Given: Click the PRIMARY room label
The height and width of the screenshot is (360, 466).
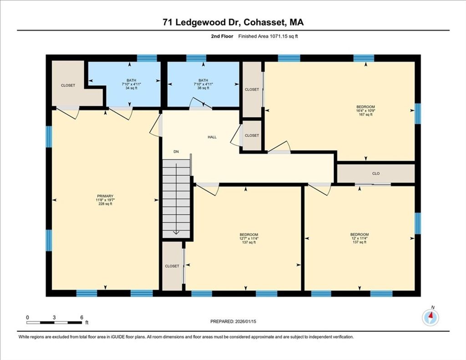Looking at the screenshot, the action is tap(105, 196).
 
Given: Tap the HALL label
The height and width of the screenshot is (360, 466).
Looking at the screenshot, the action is tap(212, 137).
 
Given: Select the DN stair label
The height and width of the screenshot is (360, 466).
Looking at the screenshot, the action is tap(176, 152).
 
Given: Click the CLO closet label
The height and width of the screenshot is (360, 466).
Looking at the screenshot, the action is tap(375, 173).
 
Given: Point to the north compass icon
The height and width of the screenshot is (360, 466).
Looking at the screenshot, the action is tap(431, 317).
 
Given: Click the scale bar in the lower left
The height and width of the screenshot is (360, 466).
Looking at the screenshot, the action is tap(54, 323).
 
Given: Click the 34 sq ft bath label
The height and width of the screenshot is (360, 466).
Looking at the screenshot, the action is tap(131, 88).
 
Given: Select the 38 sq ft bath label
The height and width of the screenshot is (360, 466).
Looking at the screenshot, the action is tap(203, 88).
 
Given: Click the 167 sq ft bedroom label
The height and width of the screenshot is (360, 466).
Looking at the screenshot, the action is tap(365, 114).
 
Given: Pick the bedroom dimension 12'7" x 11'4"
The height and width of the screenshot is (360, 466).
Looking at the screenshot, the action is tap(249, 238).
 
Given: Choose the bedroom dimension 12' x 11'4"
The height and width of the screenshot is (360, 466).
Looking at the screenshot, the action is tap(360, 238).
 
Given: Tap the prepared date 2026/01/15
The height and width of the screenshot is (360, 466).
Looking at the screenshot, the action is tap(245, 321).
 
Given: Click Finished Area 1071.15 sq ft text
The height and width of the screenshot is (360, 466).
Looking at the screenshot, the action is tap(268, 36).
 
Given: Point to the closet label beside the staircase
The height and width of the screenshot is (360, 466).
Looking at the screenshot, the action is tap(172, 266).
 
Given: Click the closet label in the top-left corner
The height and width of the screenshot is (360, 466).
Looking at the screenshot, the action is tap(68, 85).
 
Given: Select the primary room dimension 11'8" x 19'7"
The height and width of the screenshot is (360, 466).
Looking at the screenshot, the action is tap(105, 200).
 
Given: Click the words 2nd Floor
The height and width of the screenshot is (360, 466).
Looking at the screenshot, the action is tap(222, 36).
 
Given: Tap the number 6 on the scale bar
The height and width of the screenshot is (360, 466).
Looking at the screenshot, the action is tap(82, 318).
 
